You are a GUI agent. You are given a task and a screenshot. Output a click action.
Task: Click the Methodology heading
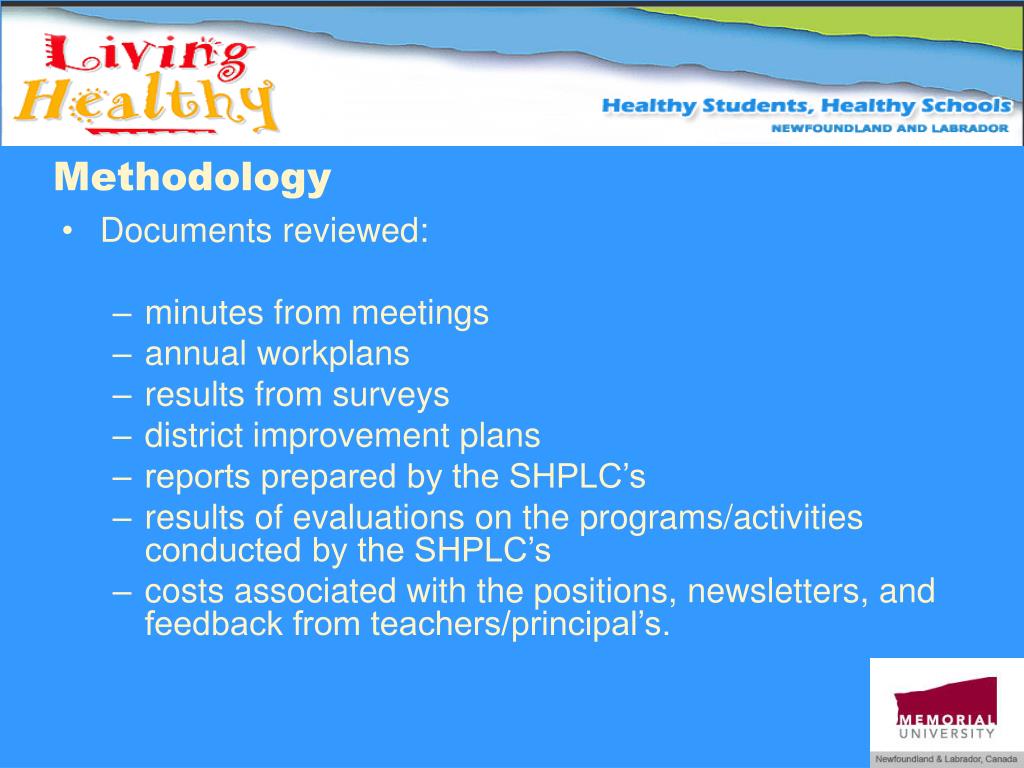click(x=192, y=177)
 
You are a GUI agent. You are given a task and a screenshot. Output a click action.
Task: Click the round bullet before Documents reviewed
click(x=67, y=232)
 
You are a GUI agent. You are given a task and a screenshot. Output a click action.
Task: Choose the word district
click(x=194, y=436)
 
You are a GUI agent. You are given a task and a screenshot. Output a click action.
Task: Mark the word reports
click(x=199, y=477)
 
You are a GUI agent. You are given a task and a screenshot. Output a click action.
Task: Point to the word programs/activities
click(x=722, y=518)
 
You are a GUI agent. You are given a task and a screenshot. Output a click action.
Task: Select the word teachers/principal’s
click(x=519, y=625)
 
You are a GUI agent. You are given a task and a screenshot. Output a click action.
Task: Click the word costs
click(x=186, y=592)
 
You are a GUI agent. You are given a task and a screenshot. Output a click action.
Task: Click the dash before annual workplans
click(x=123, y=354)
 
